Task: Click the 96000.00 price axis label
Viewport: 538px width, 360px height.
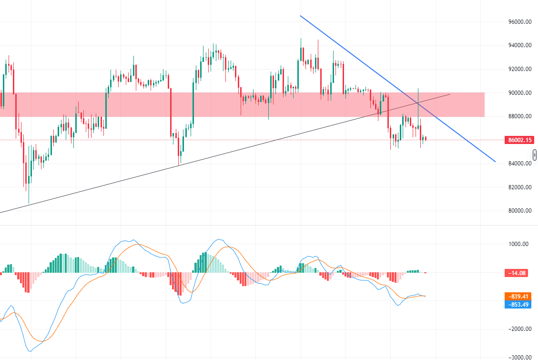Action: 519,22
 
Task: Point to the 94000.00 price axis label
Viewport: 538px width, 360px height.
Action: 519,45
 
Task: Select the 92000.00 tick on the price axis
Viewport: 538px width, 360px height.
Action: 519,69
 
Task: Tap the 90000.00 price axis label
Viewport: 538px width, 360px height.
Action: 519,93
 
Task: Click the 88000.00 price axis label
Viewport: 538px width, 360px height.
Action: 519,116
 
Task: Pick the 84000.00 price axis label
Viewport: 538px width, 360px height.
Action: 519,164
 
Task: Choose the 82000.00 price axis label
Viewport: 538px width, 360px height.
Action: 519,187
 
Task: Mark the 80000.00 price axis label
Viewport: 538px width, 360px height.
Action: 519,211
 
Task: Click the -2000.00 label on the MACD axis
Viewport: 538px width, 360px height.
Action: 519,329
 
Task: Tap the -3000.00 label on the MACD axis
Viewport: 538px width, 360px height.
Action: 519,357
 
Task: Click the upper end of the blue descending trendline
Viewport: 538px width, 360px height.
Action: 300,16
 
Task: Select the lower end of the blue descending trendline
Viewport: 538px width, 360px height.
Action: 496,162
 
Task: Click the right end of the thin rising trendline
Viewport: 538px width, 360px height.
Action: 450,94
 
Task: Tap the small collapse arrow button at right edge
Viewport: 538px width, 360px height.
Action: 535,155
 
